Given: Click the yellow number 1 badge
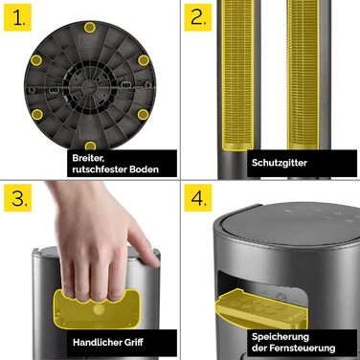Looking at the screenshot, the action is tap(17, 17).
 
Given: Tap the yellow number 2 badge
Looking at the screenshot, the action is tap(198, 17).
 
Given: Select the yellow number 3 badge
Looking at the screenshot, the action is tap(17, 198).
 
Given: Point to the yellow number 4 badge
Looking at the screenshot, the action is tap(198, 198).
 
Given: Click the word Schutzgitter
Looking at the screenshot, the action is tap(280, 163).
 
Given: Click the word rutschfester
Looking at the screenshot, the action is tap(100, 169).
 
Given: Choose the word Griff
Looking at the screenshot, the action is tap(134, 343).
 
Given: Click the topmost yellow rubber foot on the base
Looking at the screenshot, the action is tap(90, 28).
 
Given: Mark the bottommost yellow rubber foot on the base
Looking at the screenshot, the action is tap(90, 146).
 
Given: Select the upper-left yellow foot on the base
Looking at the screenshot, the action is tap(36, 59).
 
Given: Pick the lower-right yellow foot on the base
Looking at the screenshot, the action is tap(143, 114).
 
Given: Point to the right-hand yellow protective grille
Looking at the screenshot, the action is tap(304, 75).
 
